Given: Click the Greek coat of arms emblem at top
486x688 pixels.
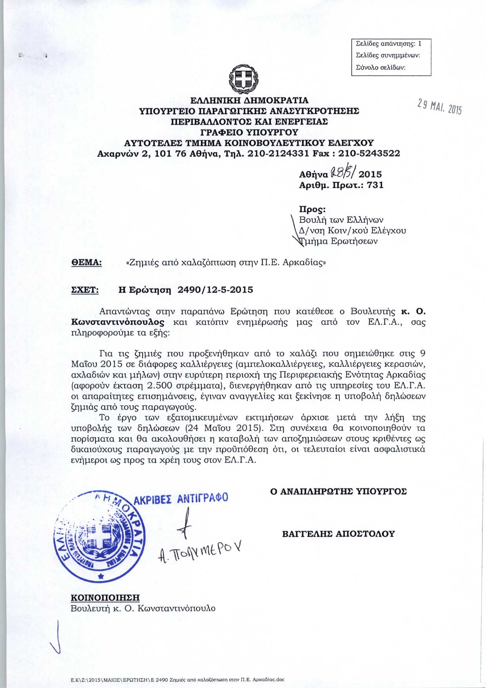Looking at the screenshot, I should tap(243, 80).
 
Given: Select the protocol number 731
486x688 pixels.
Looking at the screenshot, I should tap(375, 185).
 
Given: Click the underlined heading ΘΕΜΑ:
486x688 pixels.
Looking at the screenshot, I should tap(86, 262).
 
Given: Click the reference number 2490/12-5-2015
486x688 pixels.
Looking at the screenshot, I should tap(215, 290).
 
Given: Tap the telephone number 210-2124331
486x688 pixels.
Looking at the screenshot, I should tap(279, 153).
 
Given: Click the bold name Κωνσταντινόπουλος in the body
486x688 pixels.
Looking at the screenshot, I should tap(118, 322).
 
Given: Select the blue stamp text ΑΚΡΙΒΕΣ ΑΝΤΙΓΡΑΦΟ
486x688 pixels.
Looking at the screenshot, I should tap(181, 499).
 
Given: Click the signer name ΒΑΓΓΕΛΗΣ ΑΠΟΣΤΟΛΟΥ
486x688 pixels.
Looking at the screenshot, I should tap(338, 534).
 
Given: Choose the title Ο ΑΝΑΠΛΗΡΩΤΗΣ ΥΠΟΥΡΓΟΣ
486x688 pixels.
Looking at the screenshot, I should tap(338, 491).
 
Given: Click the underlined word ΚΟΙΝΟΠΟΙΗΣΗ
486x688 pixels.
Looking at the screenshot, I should tap(105, 598).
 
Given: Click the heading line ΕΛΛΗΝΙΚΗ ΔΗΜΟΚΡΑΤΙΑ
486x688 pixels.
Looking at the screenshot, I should tap(249, 100).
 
